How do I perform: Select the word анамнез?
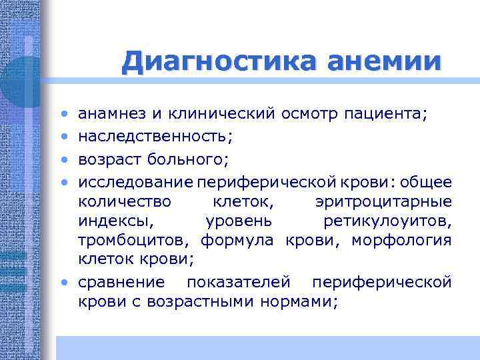click(x=111, y=115)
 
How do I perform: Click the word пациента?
click(x=386, y=115)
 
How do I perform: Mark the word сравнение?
click(x=120, y=283)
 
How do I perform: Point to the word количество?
click(x=124, y=201)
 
